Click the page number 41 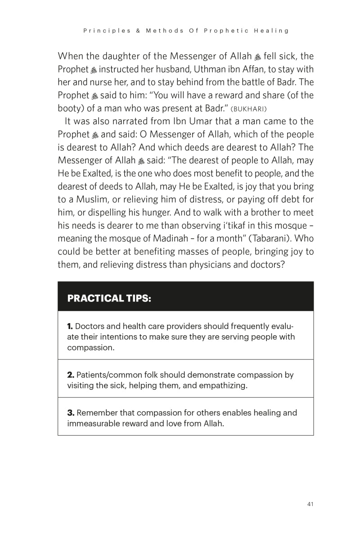310,504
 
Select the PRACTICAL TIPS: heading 109,298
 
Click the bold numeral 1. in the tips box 70,326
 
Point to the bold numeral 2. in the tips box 71,375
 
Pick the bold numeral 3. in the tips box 71,413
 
